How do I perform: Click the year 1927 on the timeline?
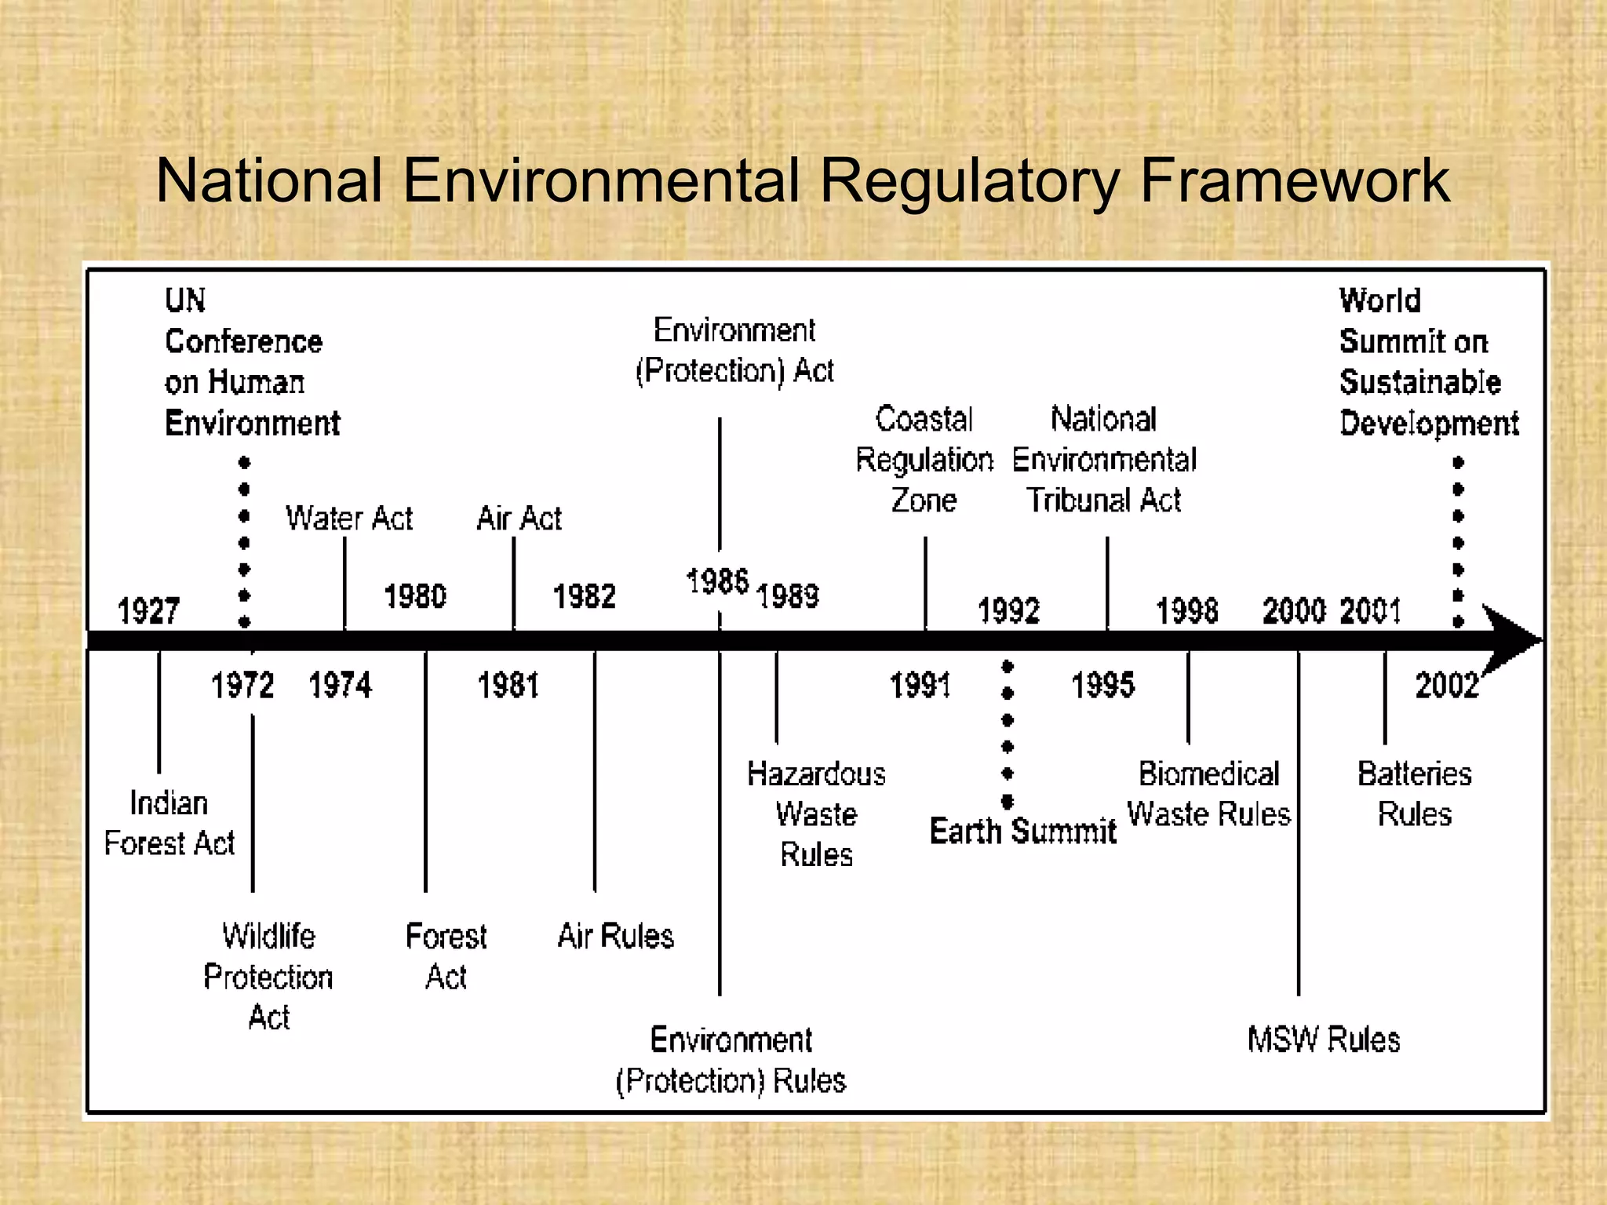(x=148, y=610)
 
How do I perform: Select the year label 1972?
(x=242, y=686)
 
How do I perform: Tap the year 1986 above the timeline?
(x=717, y=582)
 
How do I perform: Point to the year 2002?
(x=1446, y=686)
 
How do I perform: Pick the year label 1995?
(x=1102, y=686)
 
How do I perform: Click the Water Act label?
(x=348, y=519)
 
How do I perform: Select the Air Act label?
(x=519, y=519)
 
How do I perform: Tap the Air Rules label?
(x=615, y=936)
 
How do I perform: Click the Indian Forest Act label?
(x=169, y=823)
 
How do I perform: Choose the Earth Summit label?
(x=1022, y=831)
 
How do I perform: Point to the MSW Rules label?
(x=1324, y=1039)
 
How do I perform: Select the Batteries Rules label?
(x=1414, y=794)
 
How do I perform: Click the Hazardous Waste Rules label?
(x=816, y=814)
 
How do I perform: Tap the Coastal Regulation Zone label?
(x=924, y=460)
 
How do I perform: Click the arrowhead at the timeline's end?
(x=1510, y=639)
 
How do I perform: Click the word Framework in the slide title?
(x=1294, y=181)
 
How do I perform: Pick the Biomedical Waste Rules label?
(x=1208, y=794)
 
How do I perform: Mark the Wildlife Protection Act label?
(x=268, y=977)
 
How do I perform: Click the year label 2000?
(x=1293, y=610)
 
